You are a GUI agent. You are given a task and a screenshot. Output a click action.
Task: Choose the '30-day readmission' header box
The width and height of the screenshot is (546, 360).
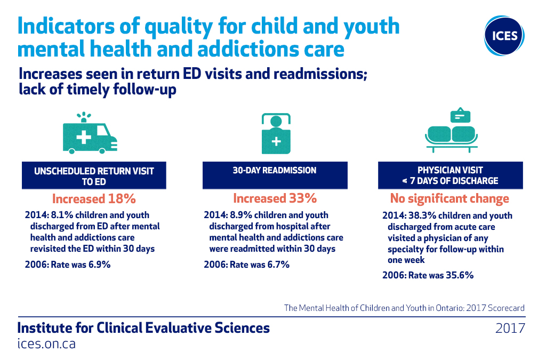(x=275, y=175)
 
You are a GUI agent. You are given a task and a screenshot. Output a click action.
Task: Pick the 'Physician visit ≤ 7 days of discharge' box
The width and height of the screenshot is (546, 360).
(x=451, y=175)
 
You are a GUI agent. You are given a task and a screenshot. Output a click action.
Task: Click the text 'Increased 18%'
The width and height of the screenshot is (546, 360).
(x=94, y=199)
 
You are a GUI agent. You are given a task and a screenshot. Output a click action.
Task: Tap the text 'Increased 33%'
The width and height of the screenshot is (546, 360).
(x=275, y=198)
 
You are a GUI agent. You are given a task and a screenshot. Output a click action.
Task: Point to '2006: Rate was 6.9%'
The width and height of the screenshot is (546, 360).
(x=68, y=264)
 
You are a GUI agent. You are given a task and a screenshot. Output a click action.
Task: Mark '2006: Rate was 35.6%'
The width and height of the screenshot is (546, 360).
(x=428, y=275)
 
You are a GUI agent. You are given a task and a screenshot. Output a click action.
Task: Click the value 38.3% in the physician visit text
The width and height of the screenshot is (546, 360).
(x=419, y=215)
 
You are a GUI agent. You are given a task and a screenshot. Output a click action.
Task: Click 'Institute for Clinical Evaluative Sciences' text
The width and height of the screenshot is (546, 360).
(x=143, y=328)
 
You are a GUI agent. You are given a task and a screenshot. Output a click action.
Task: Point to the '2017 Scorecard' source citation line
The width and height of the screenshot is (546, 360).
(x=404, y=308)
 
